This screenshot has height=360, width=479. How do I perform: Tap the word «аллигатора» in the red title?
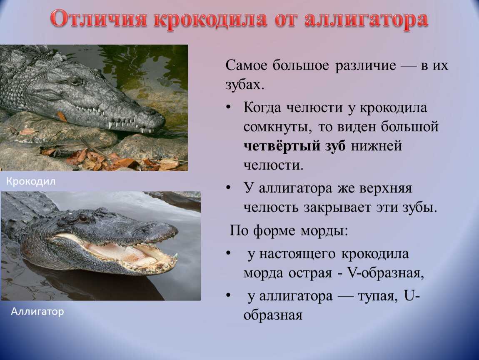[366, 20]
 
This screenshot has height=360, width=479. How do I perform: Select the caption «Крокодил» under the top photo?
[31, 181]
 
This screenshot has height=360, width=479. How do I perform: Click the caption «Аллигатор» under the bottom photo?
[37, 311]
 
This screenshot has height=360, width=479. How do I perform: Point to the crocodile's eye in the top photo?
[76, 81]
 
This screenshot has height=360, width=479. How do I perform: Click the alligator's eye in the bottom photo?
[83, 218]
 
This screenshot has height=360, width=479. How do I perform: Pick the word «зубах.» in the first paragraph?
[244, 84]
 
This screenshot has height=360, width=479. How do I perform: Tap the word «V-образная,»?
[385, 272]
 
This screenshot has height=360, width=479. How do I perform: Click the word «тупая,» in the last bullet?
[378, 296]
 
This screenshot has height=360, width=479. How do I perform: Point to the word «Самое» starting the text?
[246, 65]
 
